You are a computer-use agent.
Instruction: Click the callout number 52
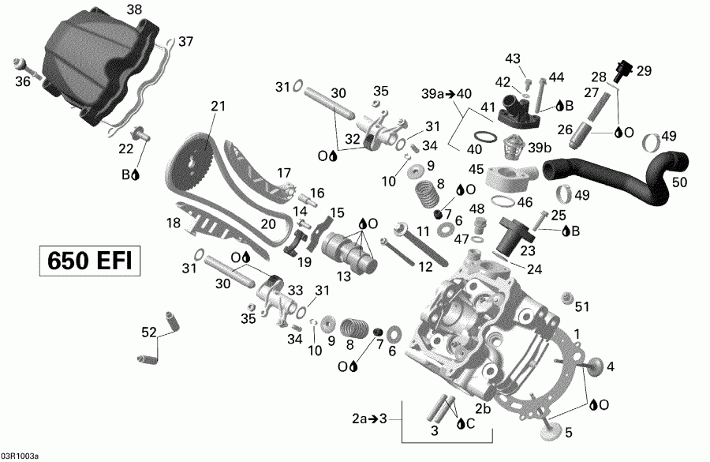tap(149, 333)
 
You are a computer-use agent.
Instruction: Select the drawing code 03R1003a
tap(19, 456)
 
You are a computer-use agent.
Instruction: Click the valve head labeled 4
tap(593, 366)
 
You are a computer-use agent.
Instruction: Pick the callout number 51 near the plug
tap(582, 306)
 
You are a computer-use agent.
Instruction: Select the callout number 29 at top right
tap(645, 71)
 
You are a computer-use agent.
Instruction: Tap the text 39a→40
tap(445, 94)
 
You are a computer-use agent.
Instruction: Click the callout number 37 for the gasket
tap(185, 41)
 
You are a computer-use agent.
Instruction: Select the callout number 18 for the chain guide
tap(173, 223)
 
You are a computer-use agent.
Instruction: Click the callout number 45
tap(475, 169)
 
